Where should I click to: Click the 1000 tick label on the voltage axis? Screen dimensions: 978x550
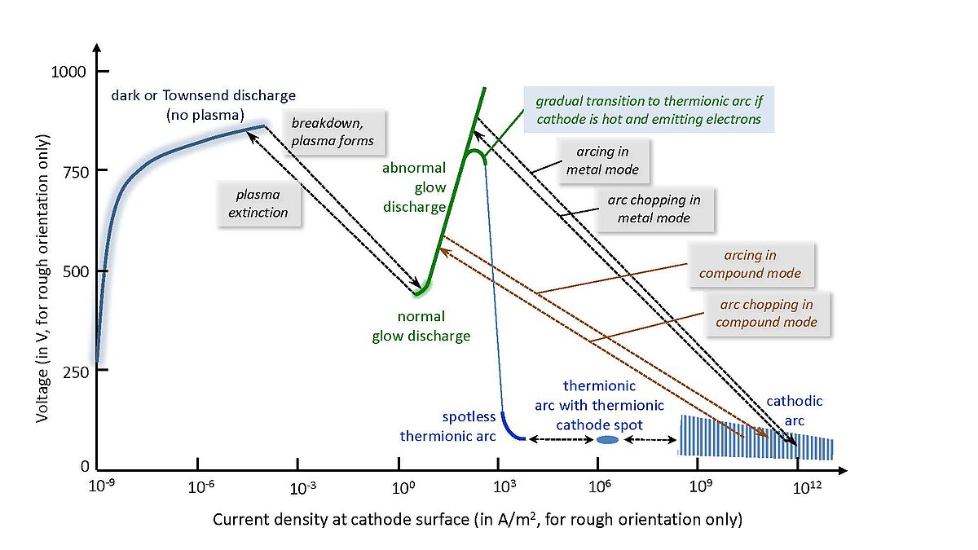[x=68, y=72]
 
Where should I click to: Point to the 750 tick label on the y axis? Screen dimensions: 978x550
[x=76, y=173]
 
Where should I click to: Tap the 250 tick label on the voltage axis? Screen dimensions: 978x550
[x=76, y=372]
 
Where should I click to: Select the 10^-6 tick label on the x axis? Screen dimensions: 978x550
[x=200, y=486]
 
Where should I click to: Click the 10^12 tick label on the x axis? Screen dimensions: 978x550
[x=807, y=487]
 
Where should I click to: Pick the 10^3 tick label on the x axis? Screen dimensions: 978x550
[x=504, y=486]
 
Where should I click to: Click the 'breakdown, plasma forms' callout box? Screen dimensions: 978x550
[x=333, y=132]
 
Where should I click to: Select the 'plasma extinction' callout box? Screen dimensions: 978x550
[x=258, y=204]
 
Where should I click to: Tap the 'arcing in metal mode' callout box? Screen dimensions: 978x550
[x=603, y=161]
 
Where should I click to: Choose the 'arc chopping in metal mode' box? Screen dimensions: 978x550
[x=654, y=209]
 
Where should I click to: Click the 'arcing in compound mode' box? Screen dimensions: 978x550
[x=751, y=264]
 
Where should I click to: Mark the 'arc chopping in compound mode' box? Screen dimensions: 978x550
[x=767, y=314]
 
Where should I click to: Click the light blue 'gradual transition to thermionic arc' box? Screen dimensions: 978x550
[x=649, y=109]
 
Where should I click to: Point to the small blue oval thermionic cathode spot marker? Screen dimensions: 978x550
[x=607, y=439]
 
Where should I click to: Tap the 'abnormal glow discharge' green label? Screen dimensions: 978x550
[x=414, y=187]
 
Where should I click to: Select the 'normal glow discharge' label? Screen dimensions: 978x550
[x=421, y=326]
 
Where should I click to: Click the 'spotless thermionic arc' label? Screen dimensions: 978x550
[x=448, y=426]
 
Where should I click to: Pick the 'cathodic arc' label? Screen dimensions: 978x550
[x=794, y=411]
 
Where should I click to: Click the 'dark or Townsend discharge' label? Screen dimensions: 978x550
[x=204, y=95]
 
